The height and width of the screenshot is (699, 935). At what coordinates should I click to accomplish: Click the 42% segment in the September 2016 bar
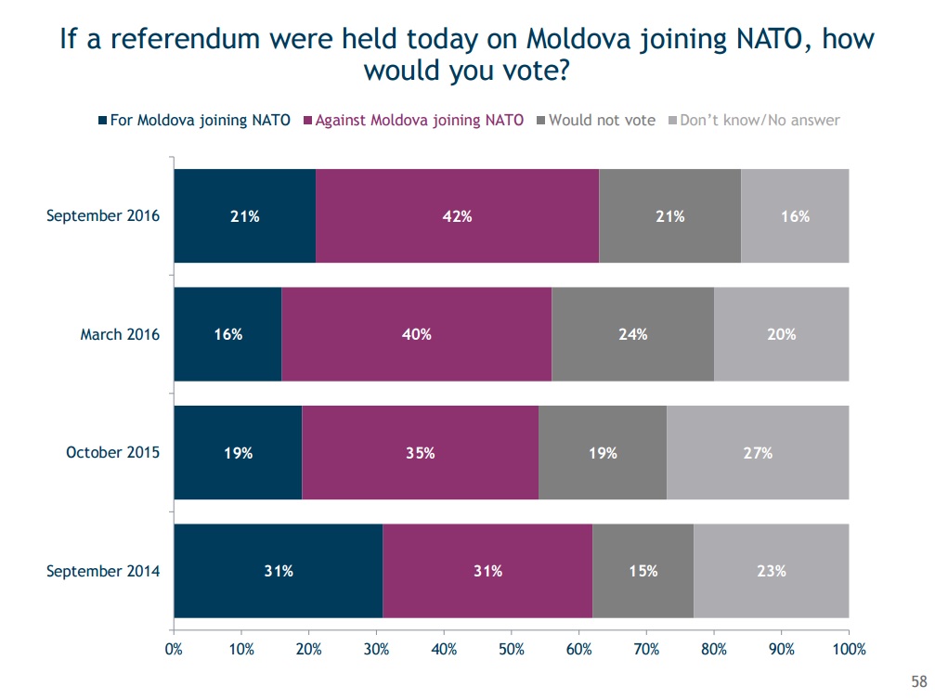pos(458,216)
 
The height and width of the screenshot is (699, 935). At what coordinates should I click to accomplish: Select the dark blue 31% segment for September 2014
pos(278,571)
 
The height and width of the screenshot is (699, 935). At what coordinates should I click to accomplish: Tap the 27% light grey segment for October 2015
pos(758,453)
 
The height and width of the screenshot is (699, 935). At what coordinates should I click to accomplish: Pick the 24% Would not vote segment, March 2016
pos(632,334)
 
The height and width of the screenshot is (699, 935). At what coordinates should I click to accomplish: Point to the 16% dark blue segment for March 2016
pos(227,334)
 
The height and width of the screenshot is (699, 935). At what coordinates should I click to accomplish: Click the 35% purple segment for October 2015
pos(420,453)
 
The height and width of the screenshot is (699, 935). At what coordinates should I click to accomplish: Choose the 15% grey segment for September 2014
pos(643,571)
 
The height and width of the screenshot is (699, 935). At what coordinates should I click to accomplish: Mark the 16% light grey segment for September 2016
pos(795,216)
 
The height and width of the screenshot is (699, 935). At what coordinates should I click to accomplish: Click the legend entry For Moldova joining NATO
pos(194,120)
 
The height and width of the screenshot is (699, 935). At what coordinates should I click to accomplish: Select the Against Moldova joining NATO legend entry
pos(412,120)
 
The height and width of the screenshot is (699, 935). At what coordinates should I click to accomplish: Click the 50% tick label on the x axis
pos(512,649)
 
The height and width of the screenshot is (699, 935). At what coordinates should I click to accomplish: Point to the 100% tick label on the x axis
pos(849,649)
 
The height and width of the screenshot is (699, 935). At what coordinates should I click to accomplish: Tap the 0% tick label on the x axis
pos(174,649)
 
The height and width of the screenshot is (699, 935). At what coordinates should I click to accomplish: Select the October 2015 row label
pos(112,453)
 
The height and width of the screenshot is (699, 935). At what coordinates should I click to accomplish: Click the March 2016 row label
pos(120,334)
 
